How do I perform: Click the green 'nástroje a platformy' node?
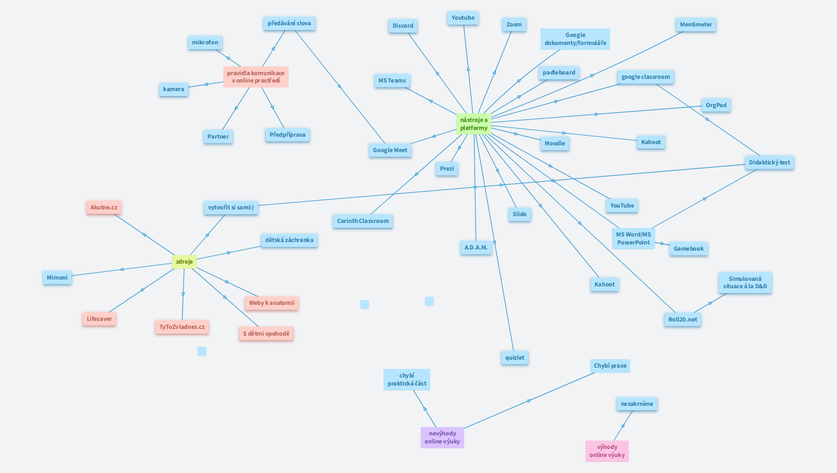(473, 124)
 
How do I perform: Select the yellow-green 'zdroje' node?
(184, 262)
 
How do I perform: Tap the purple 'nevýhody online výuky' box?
(442, 437)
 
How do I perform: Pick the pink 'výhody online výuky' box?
(607, 451)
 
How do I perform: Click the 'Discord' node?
(403, 26)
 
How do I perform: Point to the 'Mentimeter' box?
(695, 25)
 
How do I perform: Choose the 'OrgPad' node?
(716, 105)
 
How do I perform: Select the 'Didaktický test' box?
(769, 163)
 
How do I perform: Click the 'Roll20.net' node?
(683, 320)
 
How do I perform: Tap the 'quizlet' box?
(515, 357)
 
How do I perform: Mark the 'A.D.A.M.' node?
(476, 248)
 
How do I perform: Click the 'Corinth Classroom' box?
(363, 221)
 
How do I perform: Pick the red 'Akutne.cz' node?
(103, 208)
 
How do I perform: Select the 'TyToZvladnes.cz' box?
(182, 327)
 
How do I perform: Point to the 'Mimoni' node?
(57, 278)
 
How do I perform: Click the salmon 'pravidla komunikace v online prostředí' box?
(255, 77)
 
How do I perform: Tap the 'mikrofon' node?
(205, 42)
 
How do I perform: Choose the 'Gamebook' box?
(688, 249)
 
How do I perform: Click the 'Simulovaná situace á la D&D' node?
(745, 283)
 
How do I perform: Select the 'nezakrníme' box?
(637, 404)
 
